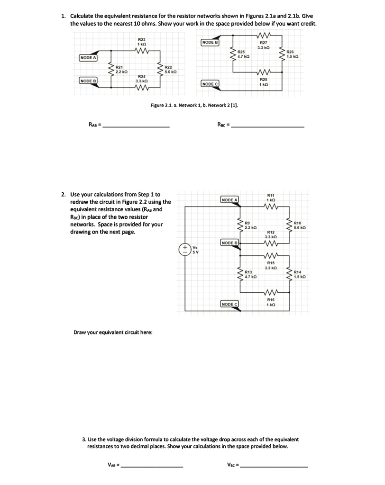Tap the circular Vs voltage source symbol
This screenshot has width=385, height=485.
pyautogui.click(x=183, y=250)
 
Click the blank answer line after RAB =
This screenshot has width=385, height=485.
pyautogui.click(x=137, y=126)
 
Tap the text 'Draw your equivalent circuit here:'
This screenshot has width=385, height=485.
pyautogui.click(x=113, y=332)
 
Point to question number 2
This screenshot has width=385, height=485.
pyautogui.click(x=64, y=195)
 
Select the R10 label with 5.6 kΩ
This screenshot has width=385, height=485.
pyautogui.click(x=298, y=225)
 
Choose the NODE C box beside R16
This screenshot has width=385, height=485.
pyautogui.click(x=229, y=304)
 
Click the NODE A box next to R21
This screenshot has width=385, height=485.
pyautogui.click(x=88, y=58)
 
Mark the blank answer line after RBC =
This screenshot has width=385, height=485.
pyautogui.click(x=269, y=126)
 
